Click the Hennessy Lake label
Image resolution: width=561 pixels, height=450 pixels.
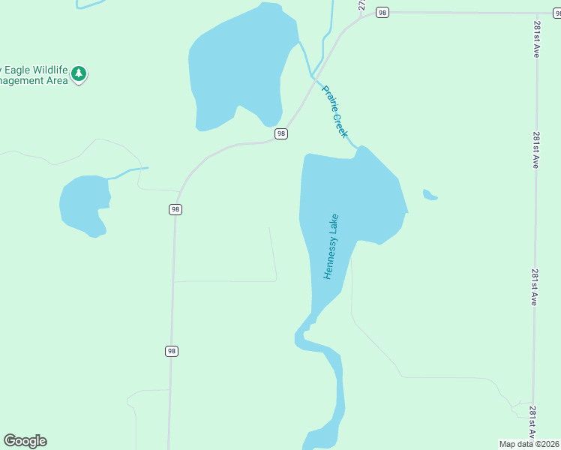331,247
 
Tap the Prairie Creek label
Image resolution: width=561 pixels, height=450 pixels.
335,111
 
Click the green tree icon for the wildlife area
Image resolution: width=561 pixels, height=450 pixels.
79,74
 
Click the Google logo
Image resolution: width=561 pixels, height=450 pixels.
25,441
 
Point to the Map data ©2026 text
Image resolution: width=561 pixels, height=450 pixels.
529,444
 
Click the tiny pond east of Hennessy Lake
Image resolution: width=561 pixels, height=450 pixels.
429,196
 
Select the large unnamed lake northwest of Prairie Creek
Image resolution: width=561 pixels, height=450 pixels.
236,71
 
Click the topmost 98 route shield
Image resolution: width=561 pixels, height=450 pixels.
382,12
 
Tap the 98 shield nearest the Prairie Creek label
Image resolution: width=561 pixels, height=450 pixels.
280,133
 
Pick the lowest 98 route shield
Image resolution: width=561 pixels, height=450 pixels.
172,351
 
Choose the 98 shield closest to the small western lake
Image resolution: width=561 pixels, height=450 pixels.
175,209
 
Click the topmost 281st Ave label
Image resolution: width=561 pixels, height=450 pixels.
537,39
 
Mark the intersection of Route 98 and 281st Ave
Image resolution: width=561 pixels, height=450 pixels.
535,13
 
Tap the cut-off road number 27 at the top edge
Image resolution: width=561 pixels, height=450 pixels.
362,4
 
